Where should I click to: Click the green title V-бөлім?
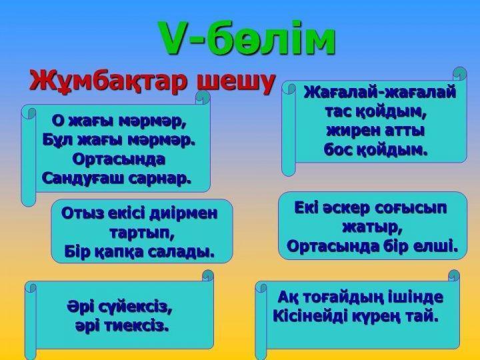pos(247,38)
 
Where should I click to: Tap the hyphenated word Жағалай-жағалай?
pos(379,92)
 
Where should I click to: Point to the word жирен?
pos(351,131)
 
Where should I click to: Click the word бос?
pos(337,150)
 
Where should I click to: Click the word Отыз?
pos(81,213)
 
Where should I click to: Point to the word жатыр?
pos(372,227)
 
